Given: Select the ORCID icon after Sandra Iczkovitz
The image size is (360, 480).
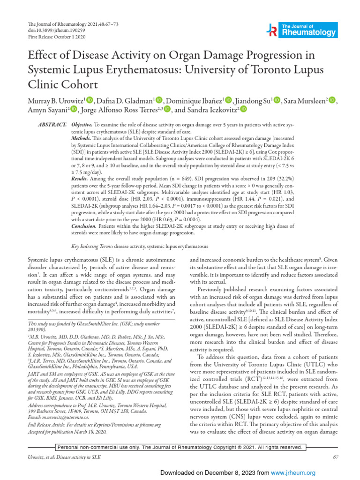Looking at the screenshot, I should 243,110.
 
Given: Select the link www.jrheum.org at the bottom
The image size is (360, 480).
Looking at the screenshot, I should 298,473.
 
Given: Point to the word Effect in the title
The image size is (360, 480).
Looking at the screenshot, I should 42,55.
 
